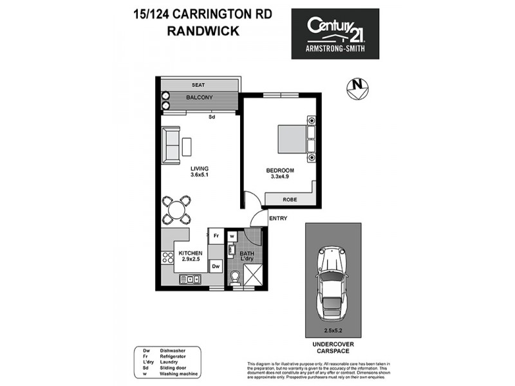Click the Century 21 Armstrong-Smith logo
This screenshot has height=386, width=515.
click(335, 33)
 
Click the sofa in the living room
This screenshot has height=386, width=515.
click(172, 145)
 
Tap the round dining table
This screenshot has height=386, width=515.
click(176, 209)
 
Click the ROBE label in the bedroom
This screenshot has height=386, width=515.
click(290, 199)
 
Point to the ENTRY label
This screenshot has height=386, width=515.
click(278, 219)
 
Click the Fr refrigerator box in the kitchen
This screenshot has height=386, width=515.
click(216, 236)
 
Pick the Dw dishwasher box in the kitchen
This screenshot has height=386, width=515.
click(216, 264)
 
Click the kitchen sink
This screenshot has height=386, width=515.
click(191, 279)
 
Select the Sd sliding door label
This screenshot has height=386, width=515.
click(211, 117)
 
